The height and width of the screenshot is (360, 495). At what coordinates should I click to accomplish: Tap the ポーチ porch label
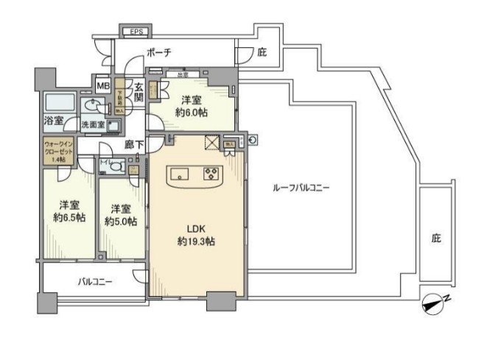click(158, 52)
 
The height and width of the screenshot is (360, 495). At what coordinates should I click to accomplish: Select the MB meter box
click(101, 85)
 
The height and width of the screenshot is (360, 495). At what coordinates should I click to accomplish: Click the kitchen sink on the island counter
click(182, 174)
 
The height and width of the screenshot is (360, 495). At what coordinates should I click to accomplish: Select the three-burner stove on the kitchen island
click(211, 174)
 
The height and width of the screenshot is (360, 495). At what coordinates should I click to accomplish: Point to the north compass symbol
click(434, 302)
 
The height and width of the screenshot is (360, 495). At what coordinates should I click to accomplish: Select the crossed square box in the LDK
click(214, 143)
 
